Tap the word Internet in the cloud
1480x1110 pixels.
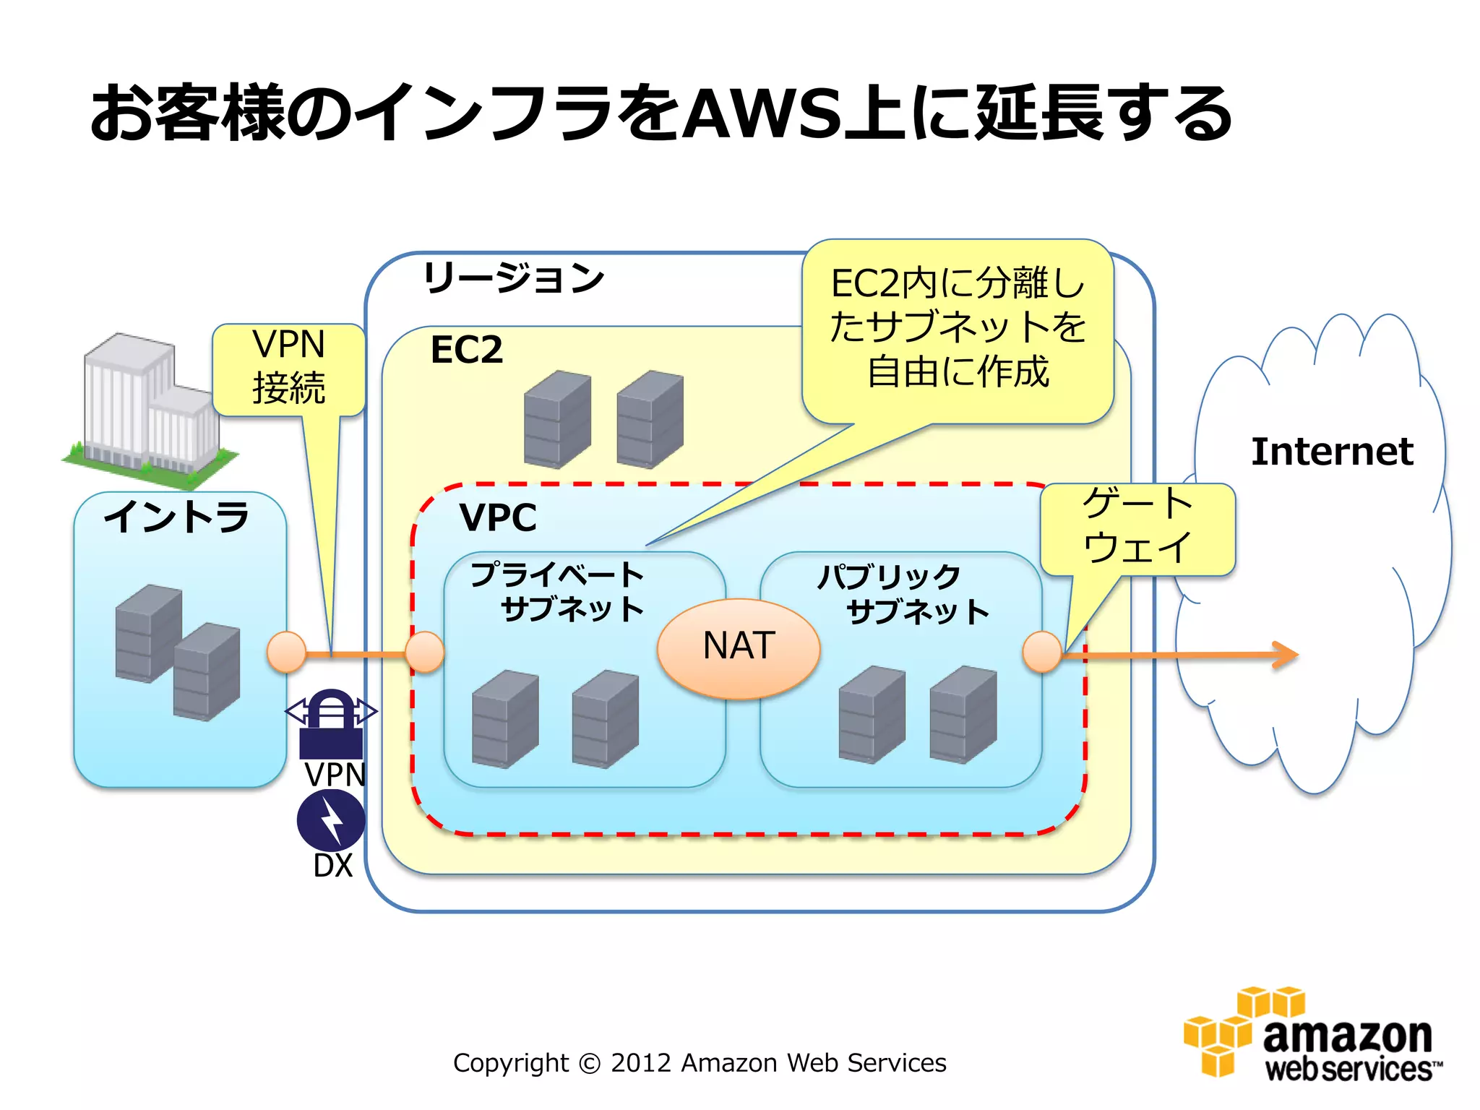(1331, 452)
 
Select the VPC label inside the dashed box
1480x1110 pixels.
(498, 517)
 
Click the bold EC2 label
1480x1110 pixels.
(466, 350)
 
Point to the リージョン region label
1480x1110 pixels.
(513, 278)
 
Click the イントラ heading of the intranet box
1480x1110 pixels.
(177, 517)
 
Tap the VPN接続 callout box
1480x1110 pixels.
(288, 369)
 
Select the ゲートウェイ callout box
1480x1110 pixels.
(1137, 528)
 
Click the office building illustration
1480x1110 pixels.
(150, 408)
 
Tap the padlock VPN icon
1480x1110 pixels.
(331, 723)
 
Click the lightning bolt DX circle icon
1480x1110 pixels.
(331, 820)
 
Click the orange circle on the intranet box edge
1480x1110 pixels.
(287, 652)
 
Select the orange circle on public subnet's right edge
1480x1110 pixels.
(1042, 651)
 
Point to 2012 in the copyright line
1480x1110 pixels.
(640, 1063)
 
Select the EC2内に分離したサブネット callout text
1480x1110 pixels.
(958, 327)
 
